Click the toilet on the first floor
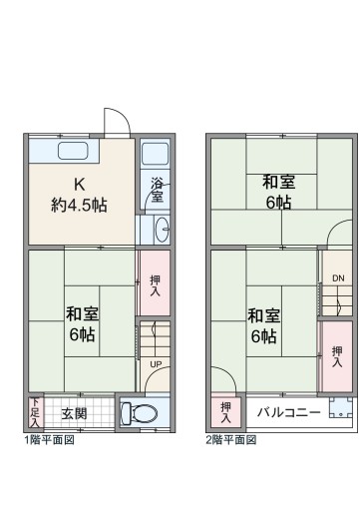(140, 413)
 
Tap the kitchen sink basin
(73, 151)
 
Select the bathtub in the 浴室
(155, 154)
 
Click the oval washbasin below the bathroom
(162, 229)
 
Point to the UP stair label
(156, 364)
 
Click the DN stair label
(338, 278)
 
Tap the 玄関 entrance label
(74, 413)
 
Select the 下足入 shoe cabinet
(35, 412)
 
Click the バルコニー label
(289, 412)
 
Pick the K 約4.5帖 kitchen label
(80, 195)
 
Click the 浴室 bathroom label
(157, 190)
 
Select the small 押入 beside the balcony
(226, 412)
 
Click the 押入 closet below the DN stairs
(337, 356)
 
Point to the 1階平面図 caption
(49, 440)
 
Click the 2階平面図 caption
(231, 440)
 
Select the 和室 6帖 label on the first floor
(82, 324)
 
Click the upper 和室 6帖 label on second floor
(278, 192)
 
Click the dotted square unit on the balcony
(341, 407)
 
